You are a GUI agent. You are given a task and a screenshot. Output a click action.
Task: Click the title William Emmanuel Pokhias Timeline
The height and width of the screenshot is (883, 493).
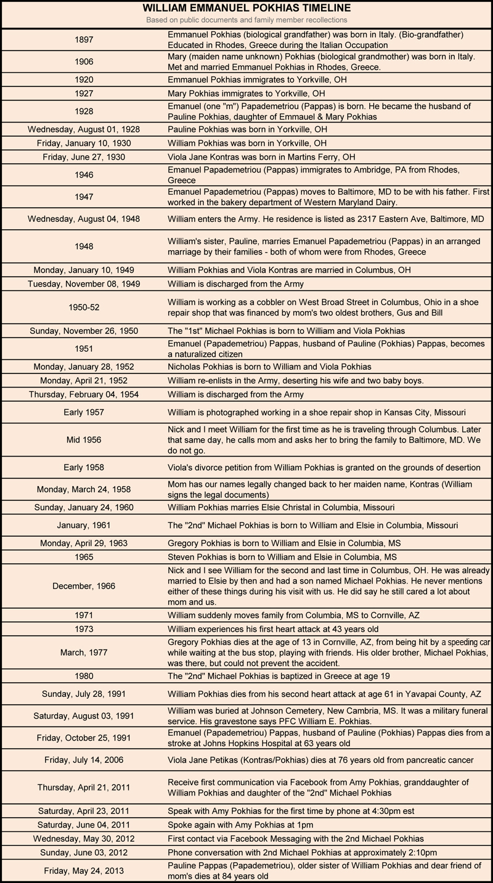[246, 9]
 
